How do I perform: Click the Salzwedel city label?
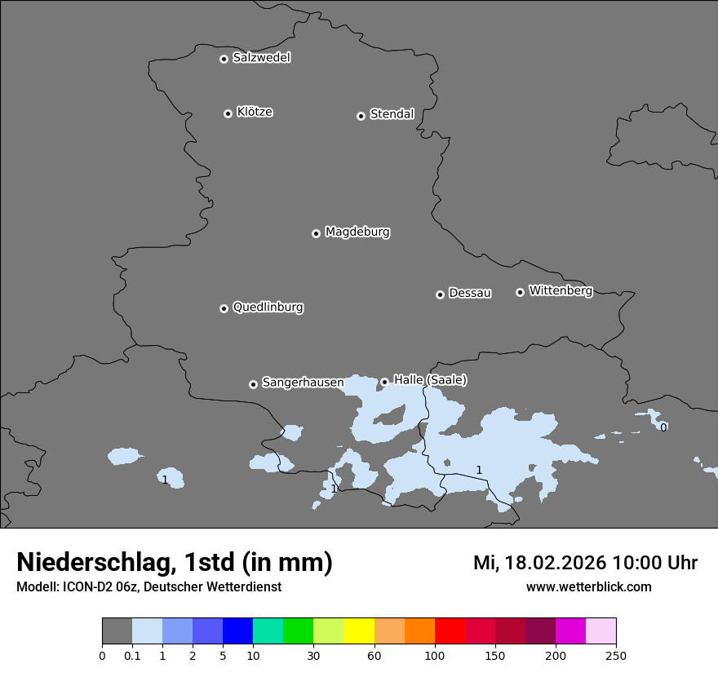point(261,58)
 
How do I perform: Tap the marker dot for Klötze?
point(228,113)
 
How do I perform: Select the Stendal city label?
point(392,114)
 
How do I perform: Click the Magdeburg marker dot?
point(316,233)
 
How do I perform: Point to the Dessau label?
point(470,294)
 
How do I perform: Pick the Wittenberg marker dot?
point(520,292)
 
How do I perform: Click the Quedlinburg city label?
point(268,308)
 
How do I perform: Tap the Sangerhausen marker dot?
point(253,384)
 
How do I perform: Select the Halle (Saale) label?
point(430,380)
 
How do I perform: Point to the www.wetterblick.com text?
point(588,587)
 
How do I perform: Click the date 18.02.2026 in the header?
point(555,563)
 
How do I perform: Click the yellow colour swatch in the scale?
point(359,631)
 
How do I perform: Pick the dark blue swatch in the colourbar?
point(237,631)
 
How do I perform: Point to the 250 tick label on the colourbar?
point(616,656)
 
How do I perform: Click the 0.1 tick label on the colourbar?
point(132,656)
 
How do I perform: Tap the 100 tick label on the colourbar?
point(435,656)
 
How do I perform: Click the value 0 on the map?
point(663,427)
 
